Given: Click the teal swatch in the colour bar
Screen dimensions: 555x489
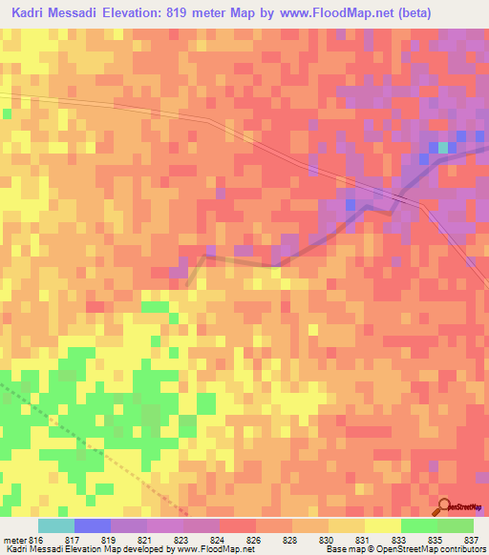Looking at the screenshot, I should (x=56, y=525).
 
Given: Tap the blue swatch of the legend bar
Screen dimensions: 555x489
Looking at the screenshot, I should (x=93, y=525).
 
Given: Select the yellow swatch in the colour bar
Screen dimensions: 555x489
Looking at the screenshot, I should (x=383, y=525).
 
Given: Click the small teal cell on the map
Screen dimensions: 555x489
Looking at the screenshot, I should (x=442, y=148).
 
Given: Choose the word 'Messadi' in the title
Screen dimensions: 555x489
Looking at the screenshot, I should (x=86, y=13).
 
